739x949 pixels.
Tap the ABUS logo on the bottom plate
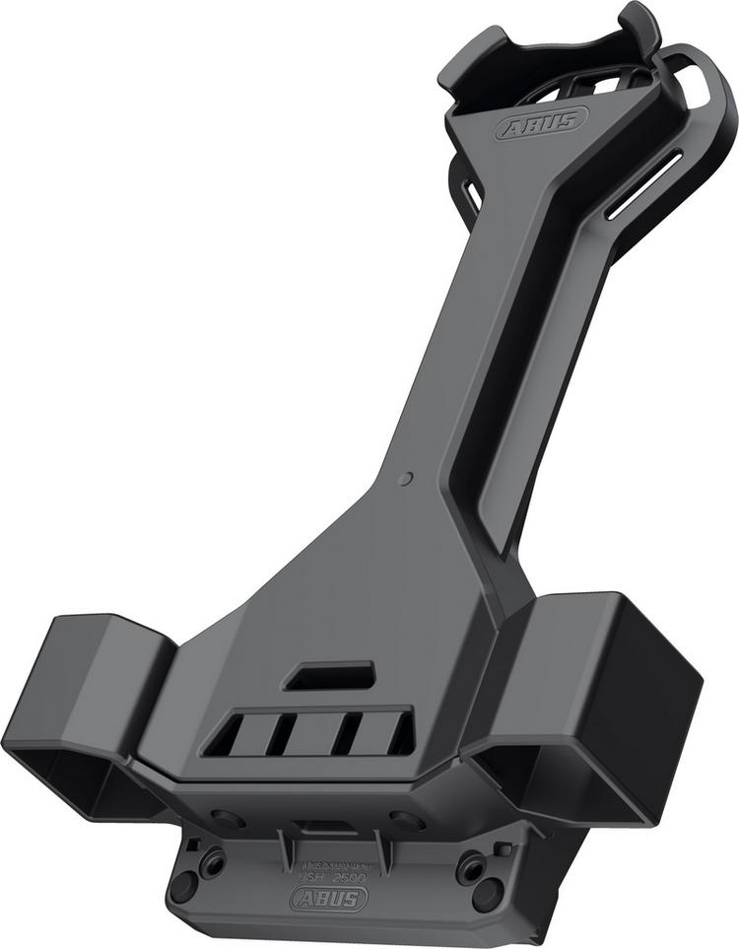[x=328, y=897]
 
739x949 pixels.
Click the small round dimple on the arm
[x=407, y=479]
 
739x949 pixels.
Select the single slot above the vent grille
[x=329, y=676]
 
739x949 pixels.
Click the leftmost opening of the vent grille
[x=224, y=735]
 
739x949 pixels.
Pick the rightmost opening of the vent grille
[x=400, y=733]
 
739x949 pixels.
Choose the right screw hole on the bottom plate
[x=472, y=867]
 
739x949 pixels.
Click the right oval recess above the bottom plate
[x=406, y=820]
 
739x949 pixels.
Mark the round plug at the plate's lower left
[x=182, y=886]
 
